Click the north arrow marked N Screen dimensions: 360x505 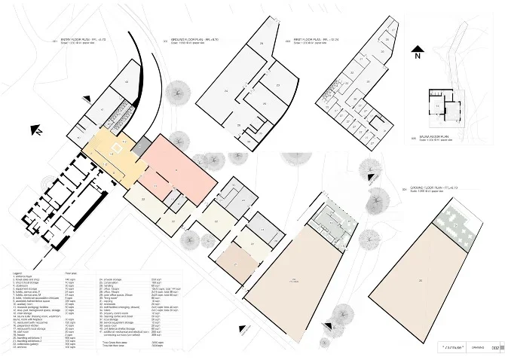417,54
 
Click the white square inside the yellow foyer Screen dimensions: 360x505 117,142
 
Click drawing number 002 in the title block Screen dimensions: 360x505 496,348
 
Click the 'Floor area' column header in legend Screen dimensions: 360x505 72,273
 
